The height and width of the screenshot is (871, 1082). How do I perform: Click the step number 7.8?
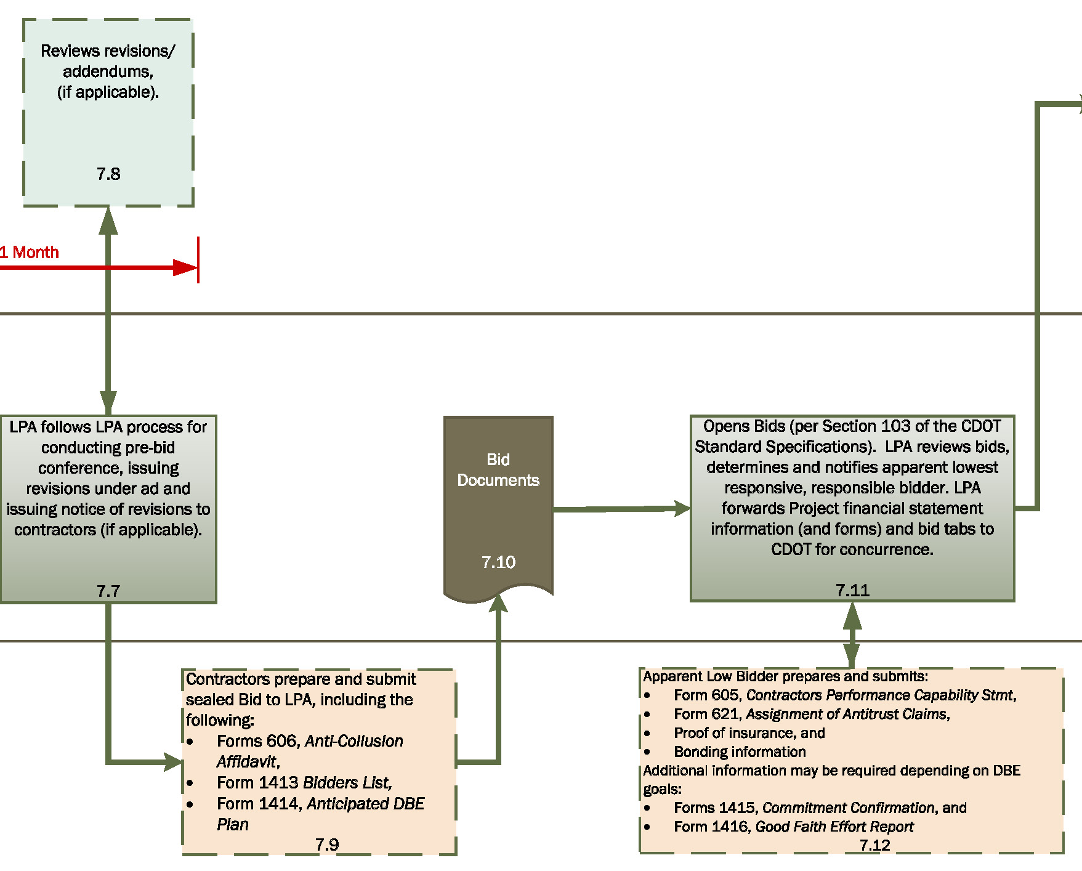108,174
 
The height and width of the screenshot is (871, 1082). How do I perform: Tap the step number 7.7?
108,591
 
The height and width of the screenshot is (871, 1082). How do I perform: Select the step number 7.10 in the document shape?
498,562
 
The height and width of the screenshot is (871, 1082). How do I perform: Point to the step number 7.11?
852,590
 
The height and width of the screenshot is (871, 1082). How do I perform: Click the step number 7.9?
327,845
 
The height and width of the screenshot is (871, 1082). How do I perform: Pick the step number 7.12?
874,845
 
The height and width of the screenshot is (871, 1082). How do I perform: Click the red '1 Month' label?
30,252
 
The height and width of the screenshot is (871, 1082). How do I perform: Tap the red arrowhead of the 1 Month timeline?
185,267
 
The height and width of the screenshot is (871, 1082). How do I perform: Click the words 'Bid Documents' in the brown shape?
498,469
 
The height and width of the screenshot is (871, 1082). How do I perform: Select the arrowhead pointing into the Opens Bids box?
682,508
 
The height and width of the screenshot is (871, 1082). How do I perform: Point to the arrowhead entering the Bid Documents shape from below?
498,603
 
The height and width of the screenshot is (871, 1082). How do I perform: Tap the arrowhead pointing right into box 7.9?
174,762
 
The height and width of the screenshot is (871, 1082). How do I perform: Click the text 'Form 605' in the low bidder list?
708,695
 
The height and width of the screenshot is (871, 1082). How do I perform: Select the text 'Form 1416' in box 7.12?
711,827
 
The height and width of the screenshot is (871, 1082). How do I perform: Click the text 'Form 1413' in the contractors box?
257,782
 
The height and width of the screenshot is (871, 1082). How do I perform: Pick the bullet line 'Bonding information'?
739,751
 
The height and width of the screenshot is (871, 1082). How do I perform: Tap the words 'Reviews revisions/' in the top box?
108,51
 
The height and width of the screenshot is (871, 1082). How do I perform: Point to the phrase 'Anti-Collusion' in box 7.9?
354,741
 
